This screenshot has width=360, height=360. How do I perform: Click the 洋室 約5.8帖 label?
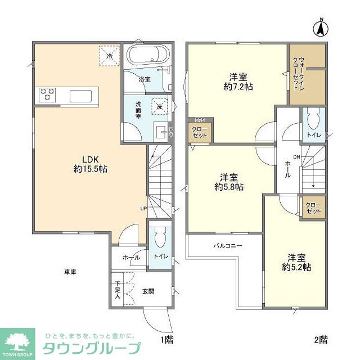click(x=228, y=181)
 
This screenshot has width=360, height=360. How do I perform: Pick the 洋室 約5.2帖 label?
click(x=296, y=262)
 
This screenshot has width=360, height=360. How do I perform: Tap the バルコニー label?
click(x=227, y=246)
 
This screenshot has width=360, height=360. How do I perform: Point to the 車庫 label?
click(x=70, y=272)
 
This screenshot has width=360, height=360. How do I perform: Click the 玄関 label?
click(x=148, y=291)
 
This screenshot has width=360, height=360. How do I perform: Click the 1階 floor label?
click(x=165, y=339)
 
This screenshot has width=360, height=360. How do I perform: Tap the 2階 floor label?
click(x=321, y=339)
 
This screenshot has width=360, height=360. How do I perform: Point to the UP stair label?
click(x=144, y=208)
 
